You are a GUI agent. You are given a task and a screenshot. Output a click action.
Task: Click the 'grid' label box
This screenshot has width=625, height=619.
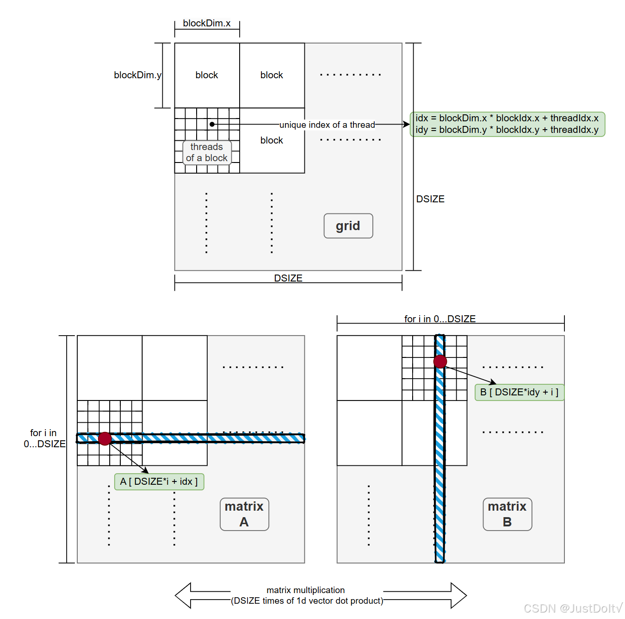pos(348,226)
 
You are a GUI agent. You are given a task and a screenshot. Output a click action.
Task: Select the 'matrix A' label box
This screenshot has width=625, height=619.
pos(244,514)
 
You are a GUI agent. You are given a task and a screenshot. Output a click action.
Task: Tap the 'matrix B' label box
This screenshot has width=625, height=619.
pos(507,514)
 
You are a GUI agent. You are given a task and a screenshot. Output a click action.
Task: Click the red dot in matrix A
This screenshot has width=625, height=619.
pos(105,438)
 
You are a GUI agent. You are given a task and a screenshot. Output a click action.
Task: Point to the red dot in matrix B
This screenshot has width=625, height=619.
pos(440,362)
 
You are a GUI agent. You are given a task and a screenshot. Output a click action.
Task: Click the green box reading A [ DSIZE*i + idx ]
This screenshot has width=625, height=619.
pos(159,481)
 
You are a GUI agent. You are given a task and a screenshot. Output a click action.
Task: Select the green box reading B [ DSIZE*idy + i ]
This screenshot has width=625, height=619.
pos(519,392)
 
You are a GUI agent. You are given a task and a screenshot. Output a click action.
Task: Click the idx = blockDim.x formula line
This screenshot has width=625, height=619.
pos(507,118)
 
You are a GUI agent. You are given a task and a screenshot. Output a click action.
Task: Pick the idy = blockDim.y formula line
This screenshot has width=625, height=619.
pos(507,130)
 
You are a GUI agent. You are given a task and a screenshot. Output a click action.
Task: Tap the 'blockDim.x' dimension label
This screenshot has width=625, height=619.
pos(206,23)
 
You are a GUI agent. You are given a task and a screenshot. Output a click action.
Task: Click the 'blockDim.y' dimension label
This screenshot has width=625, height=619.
pos(137,75)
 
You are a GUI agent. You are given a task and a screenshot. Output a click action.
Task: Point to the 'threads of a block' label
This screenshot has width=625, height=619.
pos(207,152)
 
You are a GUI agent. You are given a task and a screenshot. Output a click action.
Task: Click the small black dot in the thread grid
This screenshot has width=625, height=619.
pos(212,124)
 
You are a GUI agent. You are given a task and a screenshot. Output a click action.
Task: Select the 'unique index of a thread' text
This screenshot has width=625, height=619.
pos(327,125)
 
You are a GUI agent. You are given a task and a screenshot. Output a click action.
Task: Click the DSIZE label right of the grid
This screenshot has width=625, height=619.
pos(430,199)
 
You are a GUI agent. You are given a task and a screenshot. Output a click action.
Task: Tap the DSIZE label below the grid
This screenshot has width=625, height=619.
pos(288,278)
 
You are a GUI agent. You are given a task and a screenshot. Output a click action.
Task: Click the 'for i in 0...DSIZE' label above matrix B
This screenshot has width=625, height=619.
pos(440,319)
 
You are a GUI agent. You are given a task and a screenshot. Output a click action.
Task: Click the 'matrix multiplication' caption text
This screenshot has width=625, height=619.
pos(306,590)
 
